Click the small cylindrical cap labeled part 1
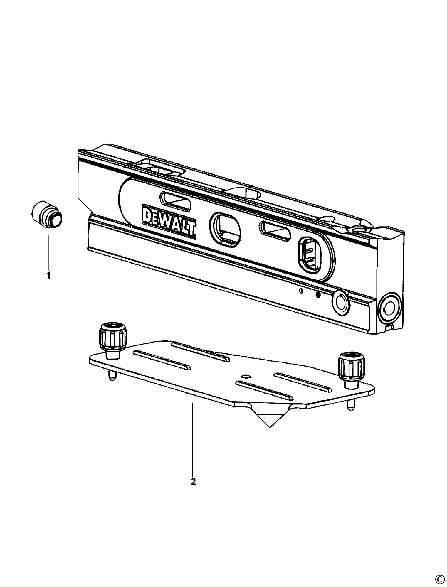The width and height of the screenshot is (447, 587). click(x=46, y=214)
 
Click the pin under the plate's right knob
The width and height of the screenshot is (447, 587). click(x=349, y=405)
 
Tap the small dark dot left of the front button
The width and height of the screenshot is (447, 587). click(x=317, y=295)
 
